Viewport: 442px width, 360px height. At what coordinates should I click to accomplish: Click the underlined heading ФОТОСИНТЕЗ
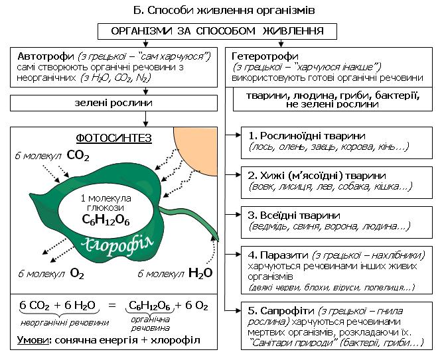114,139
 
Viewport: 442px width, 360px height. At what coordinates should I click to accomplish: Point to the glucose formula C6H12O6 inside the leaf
106,219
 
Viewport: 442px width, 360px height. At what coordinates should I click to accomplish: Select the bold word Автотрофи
46,56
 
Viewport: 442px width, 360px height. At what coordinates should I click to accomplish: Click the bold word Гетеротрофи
265,56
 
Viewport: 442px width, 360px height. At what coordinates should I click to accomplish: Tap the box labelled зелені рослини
114,103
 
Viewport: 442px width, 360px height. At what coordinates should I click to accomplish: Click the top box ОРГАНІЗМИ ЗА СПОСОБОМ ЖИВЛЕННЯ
217,31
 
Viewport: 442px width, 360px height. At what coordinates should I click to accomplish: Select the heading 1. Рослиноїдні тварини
307,136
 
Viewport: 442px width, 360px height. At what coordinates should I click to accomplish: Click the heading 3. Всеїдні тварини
294,215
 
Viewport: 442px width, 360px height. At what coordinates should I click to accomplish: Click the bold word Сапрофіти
287,311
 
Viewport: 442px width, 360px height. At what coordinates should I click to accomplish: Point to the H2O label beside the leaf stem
200,273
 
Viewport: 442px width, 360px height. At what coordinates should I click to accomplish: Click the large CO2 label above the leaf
78,155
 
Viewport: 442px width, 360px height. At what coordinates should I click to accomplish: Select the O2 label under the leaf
77,273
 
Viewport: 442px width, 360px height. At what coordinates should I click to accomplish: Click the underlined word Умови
33,340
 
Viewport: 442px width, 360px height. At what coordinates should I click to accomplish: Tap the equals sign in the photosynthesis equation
112,305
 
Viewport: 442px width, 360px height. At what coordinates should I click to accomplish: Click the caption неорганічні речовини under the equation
65,323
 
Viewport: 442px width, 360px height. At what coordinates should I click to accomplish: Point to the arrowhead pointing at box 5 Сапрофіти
238,310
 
